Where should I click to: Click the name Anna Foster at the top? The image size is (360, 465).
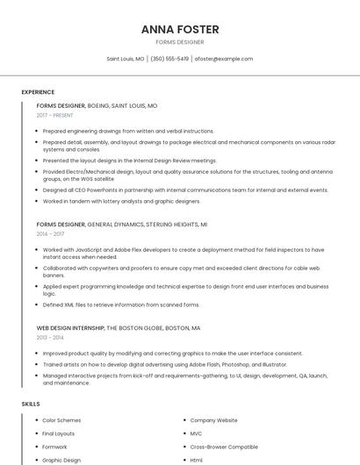[x=179, y=29]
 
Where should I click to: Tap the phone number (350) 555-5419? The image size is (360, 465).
[x=169, y=59]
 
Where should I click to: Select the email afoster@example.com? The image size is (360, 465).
[x=223, y=59]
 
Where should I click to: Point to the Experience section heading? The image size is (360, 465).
[x=38, y=92]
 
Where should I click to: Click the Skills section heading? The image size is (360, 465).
[x=31, y=404]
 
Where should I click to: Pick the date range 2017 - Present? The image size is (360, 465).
[x=55, y=115]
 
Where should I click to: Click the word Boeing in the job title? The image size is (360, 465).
[x=99, y=105]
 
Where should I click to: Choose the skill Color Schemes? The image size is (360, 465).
[x=61, y=420]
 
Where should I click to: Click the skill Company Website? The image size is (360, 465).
[x=213, y=420]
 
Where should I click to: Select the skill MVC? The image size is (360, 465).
[x=196, y=433]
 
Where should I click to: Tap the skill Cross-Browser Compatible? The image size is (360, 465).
[x=224, y=447]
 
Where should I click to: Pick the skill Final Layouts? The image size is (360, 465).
[x=59, y=433]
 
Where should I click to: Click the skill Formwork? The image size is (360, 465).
[x=54, y=447]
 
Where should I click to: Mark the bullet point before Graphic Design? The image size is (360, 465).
[x=36, y=460]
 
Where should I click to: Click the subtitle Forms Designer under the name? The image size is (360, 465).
[x=179, y=42]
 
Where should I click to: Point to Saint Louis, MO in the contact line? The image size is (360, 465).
[x=126, y=59]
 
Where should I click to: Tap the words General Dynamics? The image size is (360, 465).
[x=116, y=225]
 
